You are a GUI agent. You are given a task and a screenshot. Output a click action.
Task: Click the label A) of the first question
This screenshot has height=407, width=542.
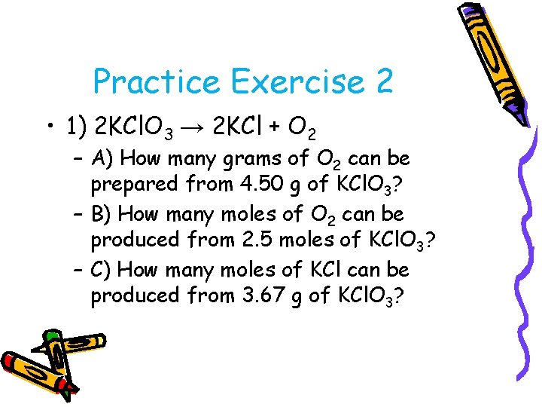102,159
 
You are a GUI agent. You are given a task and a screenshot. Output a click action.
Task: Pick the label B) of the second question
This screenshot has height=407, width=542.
102,215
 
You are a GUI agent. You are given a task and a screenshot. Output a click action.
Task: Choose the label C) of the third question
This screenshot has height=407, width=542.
102,270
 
